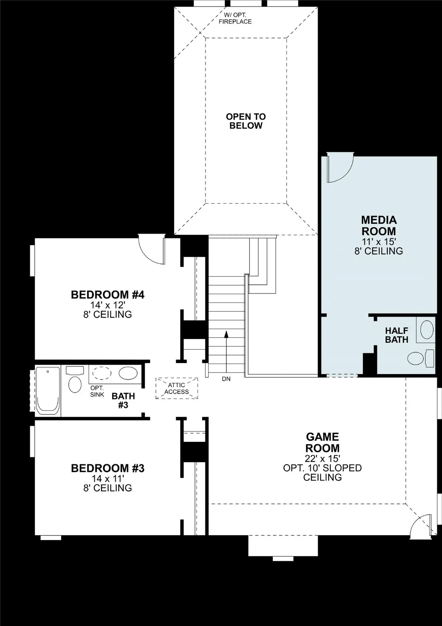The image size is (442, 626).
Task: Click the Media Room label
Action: pyautogui.click(x=378, y=225)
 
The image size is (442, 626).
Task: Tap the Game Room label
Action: pyautogui.click(x=322, y=443)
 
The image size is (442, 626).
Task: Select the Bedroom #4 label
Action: pyautogui.click(x=108, y=295)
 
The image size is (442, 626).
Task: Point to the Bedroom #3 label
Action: pyautogui.click(x=108, y=468)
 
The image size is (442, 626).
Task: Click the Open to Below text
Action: pyautogui.click(x=246, y=121)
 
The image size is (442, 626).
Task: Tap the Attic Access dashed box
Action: pyautogui.click(x=177, y=388)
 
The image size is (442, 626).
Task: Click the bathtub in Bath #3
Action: pyautogui.click(x=48, y=390)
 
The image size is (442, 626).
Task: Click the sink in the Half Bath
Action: pyautogui.click(x=427, y=330)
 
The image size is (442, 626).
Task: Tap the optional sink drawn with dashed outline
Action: pyautogui.click(x=102, y=373)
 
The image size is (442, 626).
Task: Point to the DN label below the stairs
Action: pyautogui.click(x=226, y=379)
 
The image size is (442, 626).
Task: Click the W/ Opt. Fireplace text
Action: pyautogui.click(x=235, y=18)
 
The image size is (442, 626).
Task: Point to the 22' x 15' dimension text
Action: pyautogui.click(x=322, y=458)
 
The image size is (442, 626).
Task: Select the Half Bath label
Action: pyautogui.click(x=396, y=335)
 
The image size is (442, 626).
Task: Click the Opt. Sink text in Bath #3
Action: pyautogui.click(x=97, y=391)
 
